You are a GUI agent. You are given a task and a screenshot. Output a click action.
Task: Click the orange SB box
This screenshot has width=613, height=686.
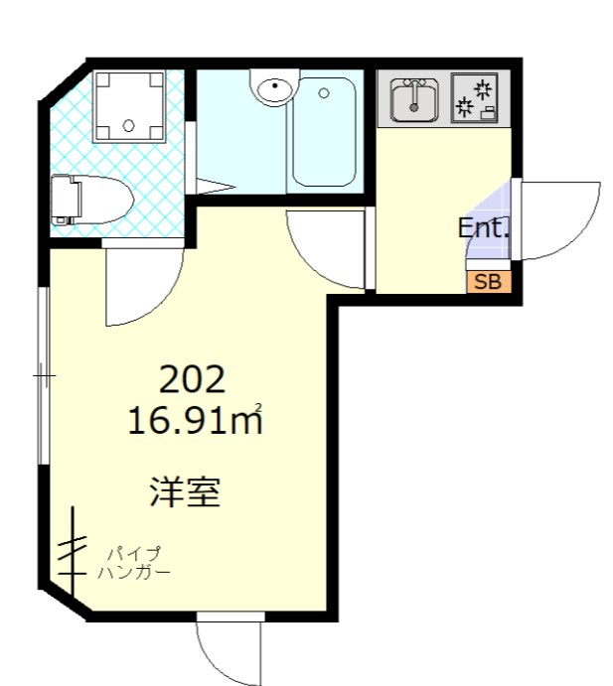(x=488, y=281)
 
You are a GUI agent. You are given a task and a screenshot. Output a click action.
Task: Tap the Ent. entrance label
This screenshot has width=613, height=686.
(x=483, y=228)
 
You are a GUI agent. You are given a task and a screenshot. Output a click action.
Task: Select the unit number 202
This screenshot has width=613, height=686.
(x=194, y=378)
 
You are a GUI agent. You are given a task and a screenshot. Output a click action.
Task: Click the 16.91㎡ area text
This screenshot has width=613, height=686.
(x=195, y=421)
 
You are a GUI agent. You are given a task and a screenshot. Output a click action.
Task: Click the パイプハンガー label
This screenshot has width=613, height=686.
(x=134, y=563)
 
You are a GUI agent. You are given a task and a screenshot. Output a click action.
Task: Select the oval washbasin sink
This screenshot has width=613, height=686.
(x=272, y=90)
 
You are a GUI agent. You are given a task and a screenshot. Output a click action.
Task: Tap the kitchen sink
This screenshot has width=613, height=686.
(x=413, y=100)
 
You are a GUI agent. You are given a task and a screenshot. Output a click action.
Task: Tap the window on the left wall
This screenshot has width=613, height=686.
(x=42, y=376)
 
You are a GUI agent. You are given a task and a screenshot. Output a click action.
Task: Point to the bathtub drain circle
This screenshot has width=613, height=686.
(x=324, y=94)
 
